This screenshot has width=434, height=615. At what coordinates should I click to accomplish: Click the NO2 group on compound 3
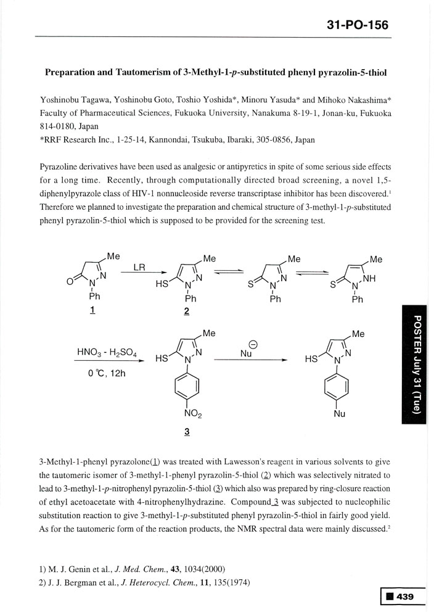(x=188, y=415)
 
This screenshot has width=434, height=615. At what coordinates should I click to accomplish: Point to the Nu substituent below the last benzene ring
(x=340, y=414)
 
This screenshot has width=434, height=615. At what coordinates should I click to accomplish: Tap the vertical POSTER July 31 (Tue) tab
(x=417, y=364)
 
